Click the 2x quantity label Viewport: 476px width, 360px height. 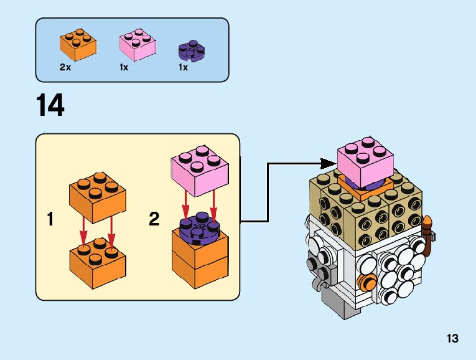(65, 67)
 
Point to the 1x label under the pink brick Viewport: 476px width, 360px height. (124, 67)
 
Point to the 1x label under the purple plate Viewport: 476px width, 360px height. (183, 67)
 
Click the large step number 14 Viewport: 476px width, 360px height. (50, 105)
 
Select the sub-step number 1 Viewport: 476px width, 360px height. (54, 219)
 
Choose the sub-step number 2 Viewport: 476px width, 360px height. (154, 219)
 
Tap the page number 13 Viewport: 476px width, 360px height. (452, 339)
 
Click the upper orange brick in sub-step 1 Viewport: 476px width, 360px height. (97, 197)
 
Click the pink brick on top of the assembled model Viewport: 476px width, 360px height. (366, 161)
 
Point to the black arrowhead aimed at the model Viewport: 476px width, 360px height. (327, 163)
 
